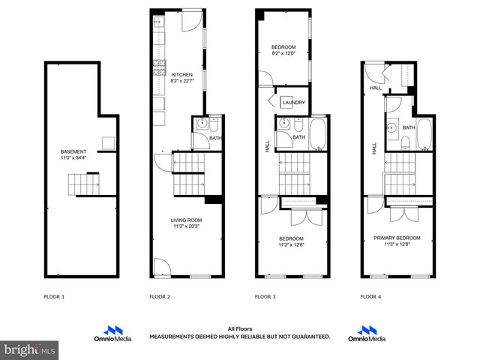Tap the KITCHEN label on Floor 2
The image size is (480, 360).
183,75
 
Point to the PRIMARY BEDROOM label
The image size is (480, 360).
397,238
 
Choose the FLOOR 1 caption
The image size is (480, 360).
54,297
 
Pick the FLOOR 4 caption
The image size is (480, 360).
370,297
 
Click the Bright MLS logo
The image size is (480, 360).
30,349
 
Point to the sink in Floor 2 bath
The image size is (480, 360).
201,126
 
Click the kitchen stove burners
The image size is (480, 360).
159,68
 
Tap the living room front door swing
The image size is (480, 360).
160,266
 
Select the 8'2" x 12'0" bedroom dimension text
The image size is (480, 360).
284,53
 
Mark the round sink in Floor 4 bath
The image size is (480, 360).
392,127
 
